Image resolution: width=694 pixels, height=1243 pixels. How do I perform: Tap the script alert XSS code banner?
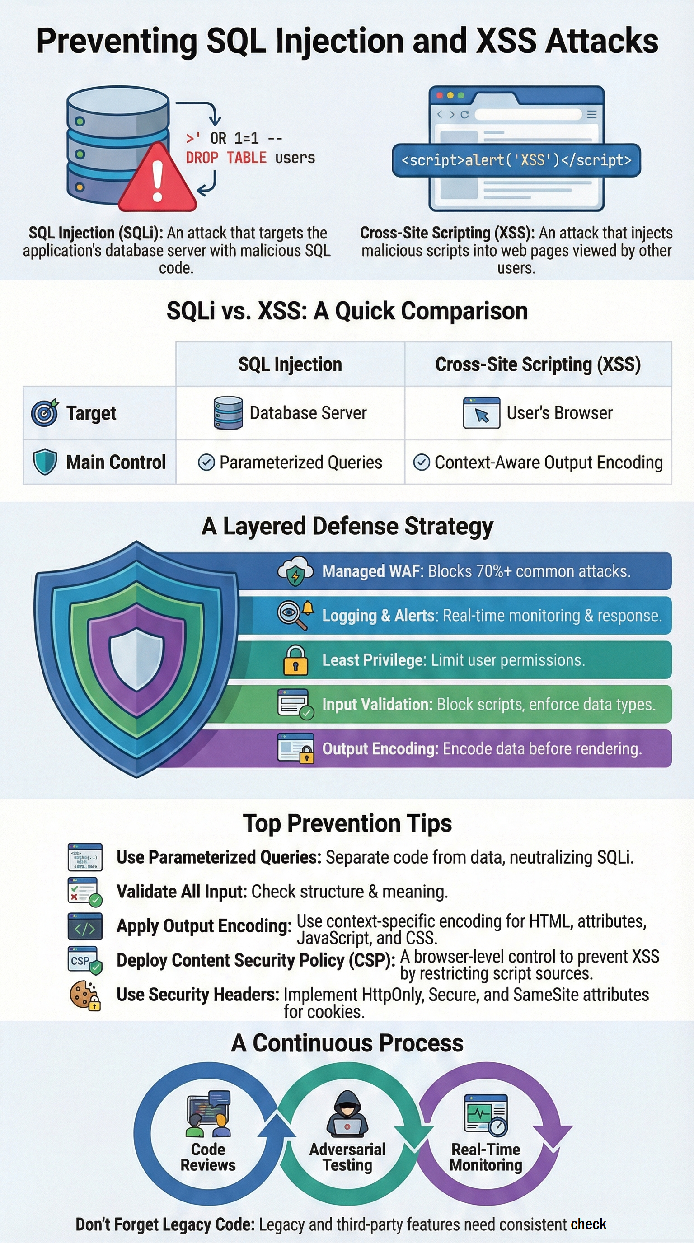tap(516, 160)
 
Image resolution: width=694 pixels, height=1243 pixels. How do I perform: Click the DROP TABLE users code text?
tap(250, 158)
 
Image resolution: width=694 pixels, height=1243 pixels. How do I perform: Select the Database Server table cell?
tap(290, 413)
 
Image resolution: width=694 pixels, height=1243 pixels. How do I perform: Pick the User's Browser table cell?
tap(538, 413)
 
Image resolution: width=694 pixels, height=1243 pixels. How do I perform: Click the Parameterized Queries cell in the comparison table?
tap(290, 462)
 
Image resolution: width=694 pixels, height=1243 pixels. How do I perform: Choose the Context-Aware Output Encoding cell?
tap(538, 462)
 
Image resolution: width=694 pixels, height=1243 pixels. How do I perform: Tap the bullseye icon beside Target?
tap(44, 413)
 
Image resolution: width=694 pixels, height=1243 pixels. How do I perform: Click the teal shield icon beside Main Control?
tap(45, 462)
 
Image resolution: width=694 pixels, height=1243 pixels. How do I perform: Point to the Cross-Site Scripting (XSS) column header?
tap(538, 364)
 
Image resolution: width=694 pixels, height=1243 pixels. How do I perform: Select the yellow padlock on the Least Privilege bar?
tap(295, 660)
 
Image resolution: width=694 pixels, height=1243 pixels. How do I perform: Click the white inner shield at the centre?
tap(136, 659)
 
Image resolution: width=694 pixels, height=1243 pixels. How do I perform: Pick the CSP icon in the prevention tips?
tap(85, 960)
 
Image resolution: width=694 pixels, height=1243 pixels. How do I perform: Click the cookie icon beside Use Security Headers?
tap(85, 995)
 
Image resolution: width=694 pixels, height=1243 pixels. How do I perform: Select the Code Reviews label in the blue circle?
tap(208, 1157)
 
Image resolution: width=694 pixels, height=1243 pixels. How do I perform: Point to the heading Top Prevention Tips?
tap(347, 824)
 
